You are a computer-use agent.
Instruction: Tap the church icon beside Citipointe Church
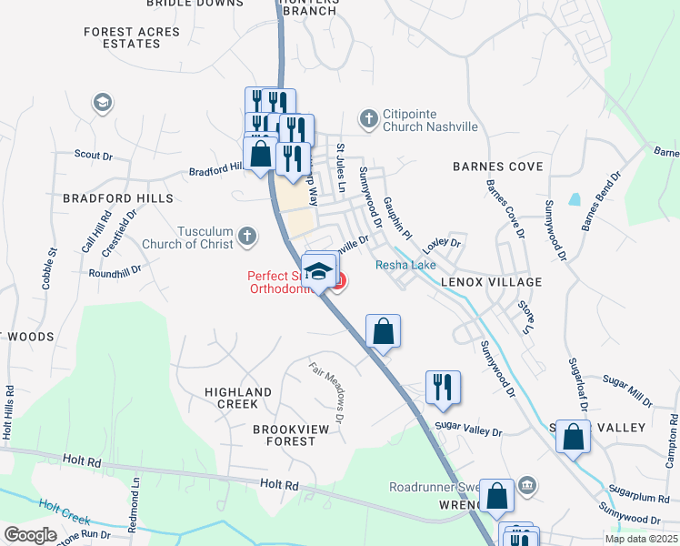[x=368, y=118]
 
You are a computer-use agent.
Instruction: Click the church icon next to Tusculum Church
[x=246, y=238]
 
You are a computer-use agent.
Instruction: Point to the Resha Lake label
[x=406, y=265]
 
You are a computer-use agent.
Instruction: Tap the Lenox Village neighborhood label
[x=491, y=282]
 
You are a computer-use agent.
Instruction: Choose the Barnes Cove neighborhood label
[x=498, y=167]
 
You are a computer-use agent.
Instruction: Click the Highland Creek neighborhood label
[x=238, y=398]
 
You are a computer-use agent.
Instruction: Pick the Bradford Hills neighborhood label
[x=118, y=197]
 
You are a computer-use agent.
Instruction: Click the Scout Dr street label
[x=94, y=156]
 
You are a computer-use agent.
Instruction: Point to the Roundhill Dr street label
[x=115, y=271]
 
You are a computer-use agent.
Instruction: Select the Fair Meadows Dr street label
[x=330, y=393]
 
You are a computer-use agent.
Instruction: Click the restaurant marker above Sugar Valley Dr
[x=443, y=386]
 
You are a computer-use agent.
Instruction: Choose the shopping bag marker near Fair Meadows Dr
[x=383, y=330]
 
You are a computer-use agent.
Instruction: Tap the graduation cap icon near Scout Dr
[x=102, y=103]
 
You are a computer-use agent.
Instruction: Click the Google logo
[x=30, y=535]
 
